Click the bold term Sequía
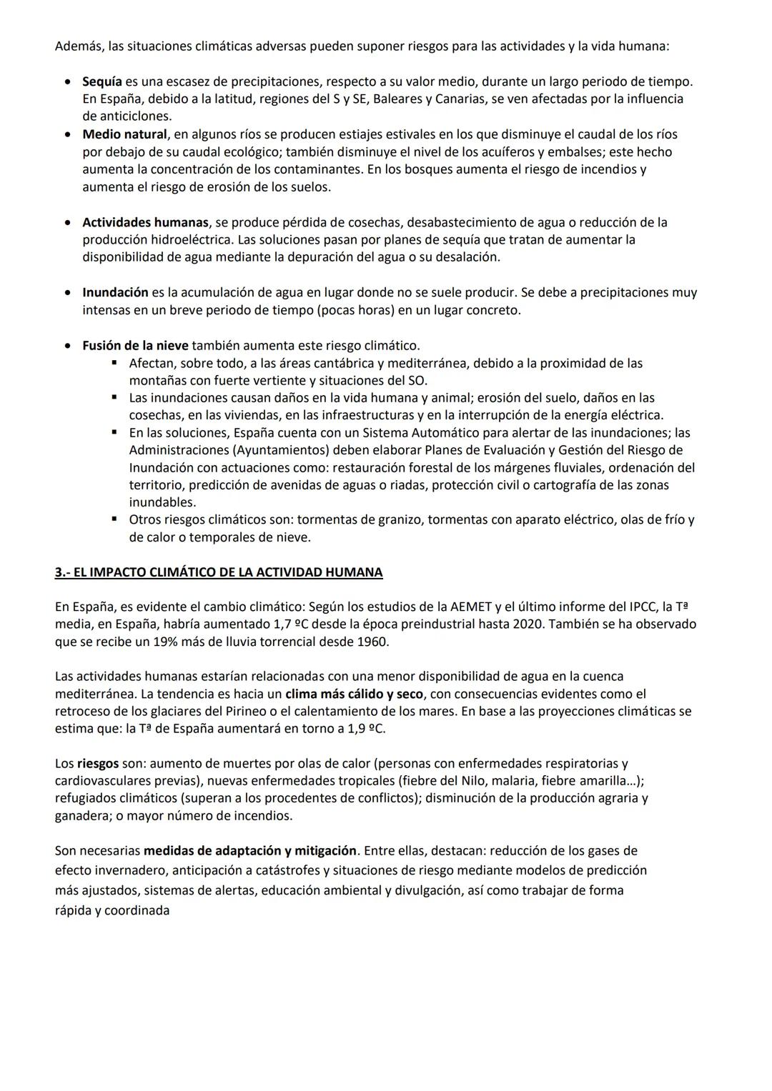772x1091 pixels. pyautogui.click(x=102, y=81)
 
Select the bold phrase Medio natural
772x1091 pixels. pyautogui.click(x=124, y=134)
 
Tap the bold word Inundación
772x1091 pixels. pyautogui.click(x=115, y=292)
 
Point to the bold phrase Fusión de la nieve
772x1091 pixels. pyautogui.click(x=135, y=346)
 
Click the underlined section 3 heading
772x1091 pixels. pyautogui.click(x=219, y=572)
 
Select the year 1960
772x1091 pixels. pyautogui.click(x=372, y=642)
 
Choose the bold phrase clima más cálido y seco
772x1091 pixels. pyautogui.click(x=354, y=694)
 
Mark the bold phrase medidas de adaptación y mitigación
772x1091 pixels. pyautogui.click(x=249, y=851)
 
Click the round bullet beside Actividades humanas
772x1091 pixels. pyautogui.click(x=67, y=223)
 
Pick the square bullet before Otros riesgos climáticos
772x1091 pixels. pyautogui.click(x=114, y=519)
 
